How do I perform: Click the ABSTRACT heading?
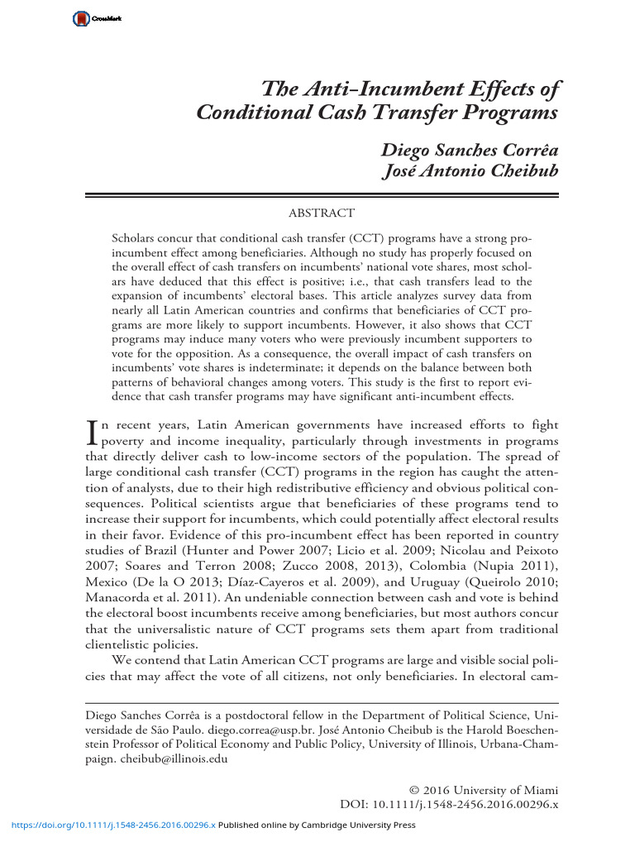pyautogui.click(x=322, y=214)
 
